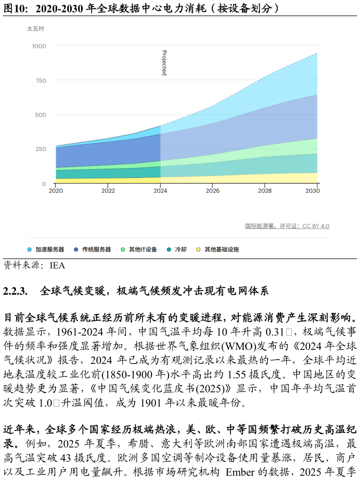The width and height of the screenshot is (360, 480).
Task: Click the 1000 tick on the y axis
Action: [x=39, y=46]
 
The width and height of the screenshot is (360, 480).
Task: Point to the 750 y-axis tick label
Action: [x=41, y=81]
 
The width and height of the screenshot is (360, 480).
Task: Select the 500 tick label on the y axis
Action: [x=41, y=115]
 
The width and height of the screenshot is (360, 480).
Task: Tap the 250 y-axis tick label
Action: [x=41, y=149]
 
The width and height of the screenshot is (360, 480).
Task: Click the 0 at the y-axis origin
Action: [x=44, y=184]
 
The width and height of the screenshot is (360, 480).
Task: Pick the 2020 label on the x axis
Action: [x=56, y=191]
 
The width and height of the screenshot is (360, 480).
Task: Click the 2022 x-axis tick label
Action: [x=108, y=191]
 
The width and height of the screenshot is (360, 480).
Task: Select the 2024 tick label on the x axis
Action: [x=160, y=191]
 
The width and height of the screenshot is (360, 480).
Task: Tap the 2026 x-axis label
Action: [x=212, y=191]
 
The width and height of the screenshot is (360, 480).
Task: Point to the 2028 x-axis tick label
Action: [x=265, y=191]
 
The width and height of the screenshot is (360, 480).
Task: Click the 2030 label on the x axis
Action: [x=313, y=191]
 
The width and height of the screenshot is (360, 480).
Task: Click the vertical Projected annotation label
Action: [x=164, y=63]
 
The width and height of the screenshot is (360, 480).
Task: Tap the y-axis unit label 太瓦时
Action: [x=35, y=29]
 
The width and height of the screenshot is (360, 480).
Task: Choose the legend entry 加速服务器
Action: [x=49, y=250]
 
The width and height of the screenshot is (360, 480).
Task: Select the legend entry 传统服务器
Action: [x=96, y=250]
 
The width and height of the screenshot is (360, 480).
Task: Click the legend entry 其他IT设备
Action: [x=143, y=250]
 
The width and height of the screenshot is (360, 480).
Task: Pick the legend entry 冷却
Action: [x=181, y=250]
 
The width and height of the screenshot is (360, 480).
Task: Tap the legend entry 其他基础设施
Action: [x=221, y=250]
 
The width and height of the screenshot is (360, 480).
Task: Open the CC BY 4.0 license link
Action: [x=316, y=226]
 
